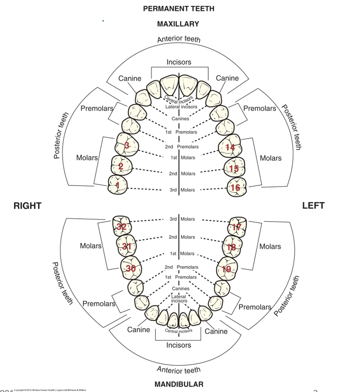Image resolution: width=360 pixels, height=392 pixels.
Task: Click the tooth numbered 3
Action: click(127, 146)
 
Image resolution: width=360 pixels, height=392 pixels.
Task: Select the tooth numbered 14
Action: click(230, 147)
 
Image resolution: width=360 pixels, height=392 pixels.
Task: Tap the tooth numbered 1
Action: click(118, 185)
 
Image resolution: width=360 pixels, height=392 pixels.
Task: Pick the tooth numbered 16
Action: click(236, 187)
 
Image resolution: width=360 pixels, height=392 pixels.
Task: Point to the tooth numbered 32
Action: click(122, 227)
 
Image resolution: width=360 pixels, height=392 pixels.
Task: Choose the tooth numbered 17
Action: click(237, 227)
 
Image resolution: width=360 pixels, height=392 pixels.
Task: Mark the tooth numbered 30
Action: click(131, 268)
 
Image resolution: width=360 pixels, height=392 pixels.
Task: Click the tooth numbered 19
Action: click(226, 269)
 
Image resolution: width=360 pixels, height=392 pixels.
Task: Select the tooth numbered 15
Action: click(234, 169)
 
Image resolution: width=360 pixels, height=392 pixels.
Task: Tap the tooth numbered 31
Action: click(126, 247)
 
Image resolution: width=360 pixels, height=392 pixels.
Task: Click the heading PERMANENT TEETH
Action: click(179, 9)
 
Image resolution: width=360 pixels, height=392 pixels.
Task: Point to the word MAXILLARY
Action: click(178, 24)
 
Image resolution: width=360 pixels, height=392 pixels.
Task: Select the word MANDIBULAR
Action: click(179, 384)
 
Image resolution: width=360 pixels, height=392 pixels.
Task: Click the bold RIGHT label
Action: click(27, 206)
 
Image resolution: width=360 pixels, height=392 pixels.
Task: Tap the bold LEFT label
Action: click(314, 206)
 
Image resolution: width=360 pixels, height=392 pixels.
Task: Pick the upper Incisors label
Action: click(179, 62)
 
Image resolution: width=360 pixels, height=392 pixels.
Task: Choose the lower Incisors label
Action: click(179, 345)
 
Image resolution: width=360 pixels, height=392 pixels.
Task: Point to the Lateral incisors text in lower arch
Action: click(179, 299)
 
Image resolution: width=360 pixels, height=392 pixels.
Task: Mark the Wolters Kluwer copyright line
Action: click(50, 390)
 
